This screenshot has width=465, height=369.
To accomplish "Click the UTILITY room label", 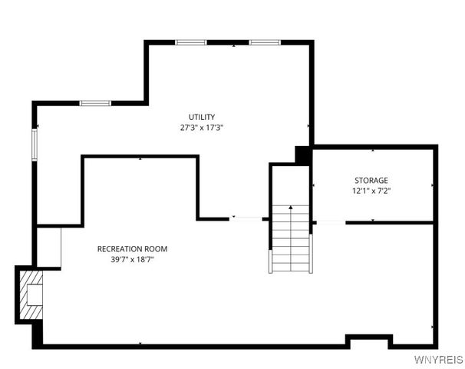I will [202, 117].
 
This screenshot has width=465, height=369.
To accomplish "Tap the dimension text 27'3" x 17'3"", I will [202, 128].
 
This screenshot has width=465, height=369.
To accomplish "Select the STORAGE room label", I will [371, 180].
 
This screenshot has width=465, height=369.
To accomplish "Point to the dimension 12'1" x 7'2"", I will [371, 191].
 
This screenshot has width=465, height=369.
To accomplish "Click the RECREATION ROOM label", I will [132, 248].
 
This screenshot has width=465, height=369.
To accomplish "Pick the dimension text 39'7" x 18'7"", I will [132, 259].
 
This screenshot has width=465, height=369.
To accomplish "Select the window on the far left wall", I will [34, 145].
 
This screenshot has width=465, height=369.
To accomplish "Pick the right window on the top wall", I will [262, 42].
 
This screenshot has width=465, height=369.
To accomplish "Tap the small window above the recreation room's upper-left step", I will [96, 103].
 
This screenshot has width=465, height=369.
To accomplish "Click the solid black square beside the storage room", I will [303, 155].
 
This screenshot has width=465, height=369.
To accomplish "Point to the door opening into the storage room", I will [329, 222].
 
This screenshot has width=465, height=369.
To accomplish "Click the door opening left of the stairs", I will [246, 219].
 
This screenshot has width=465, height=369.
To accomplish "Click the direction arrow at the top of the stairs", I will [291, 208].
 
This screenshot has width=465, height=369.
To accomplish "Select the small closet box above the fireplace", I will [49, 246].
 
